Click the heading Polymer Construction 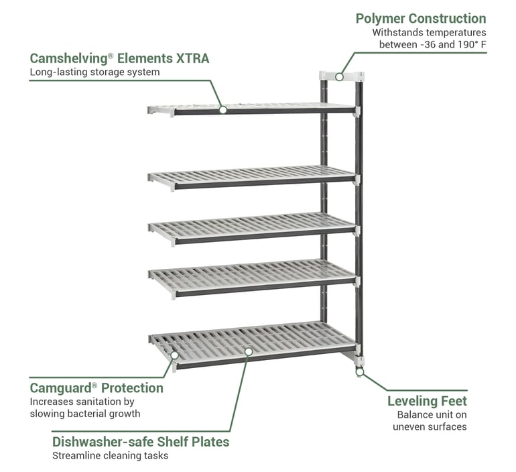tap(421, 19)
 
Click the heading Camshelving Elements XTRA tap(119, 58)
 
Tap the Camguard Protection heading tap(96, 388)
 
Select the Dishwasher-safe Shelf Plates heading tap(141, 442)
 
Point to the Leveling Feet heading tap(427, 401)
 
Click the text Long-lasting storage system tap(94, 72)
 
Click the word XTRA tap(192, 58)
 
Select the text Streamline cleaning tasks tap(110, 456)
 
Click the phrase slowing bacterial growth tap(85, 414)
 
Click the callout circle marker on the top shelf tap(222, 109)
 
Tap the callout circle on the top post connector tap(340, 76)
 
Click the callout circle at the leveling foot tap(359, 371)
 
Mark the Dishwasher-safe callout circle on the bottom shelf tap(248, 350)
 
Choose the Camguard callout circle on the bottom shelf tap(174, 355)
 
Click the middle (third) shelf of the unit tap(252, 224)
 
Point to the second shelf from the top tap(252, 176)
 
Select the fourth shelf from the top tap(252, 273)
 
